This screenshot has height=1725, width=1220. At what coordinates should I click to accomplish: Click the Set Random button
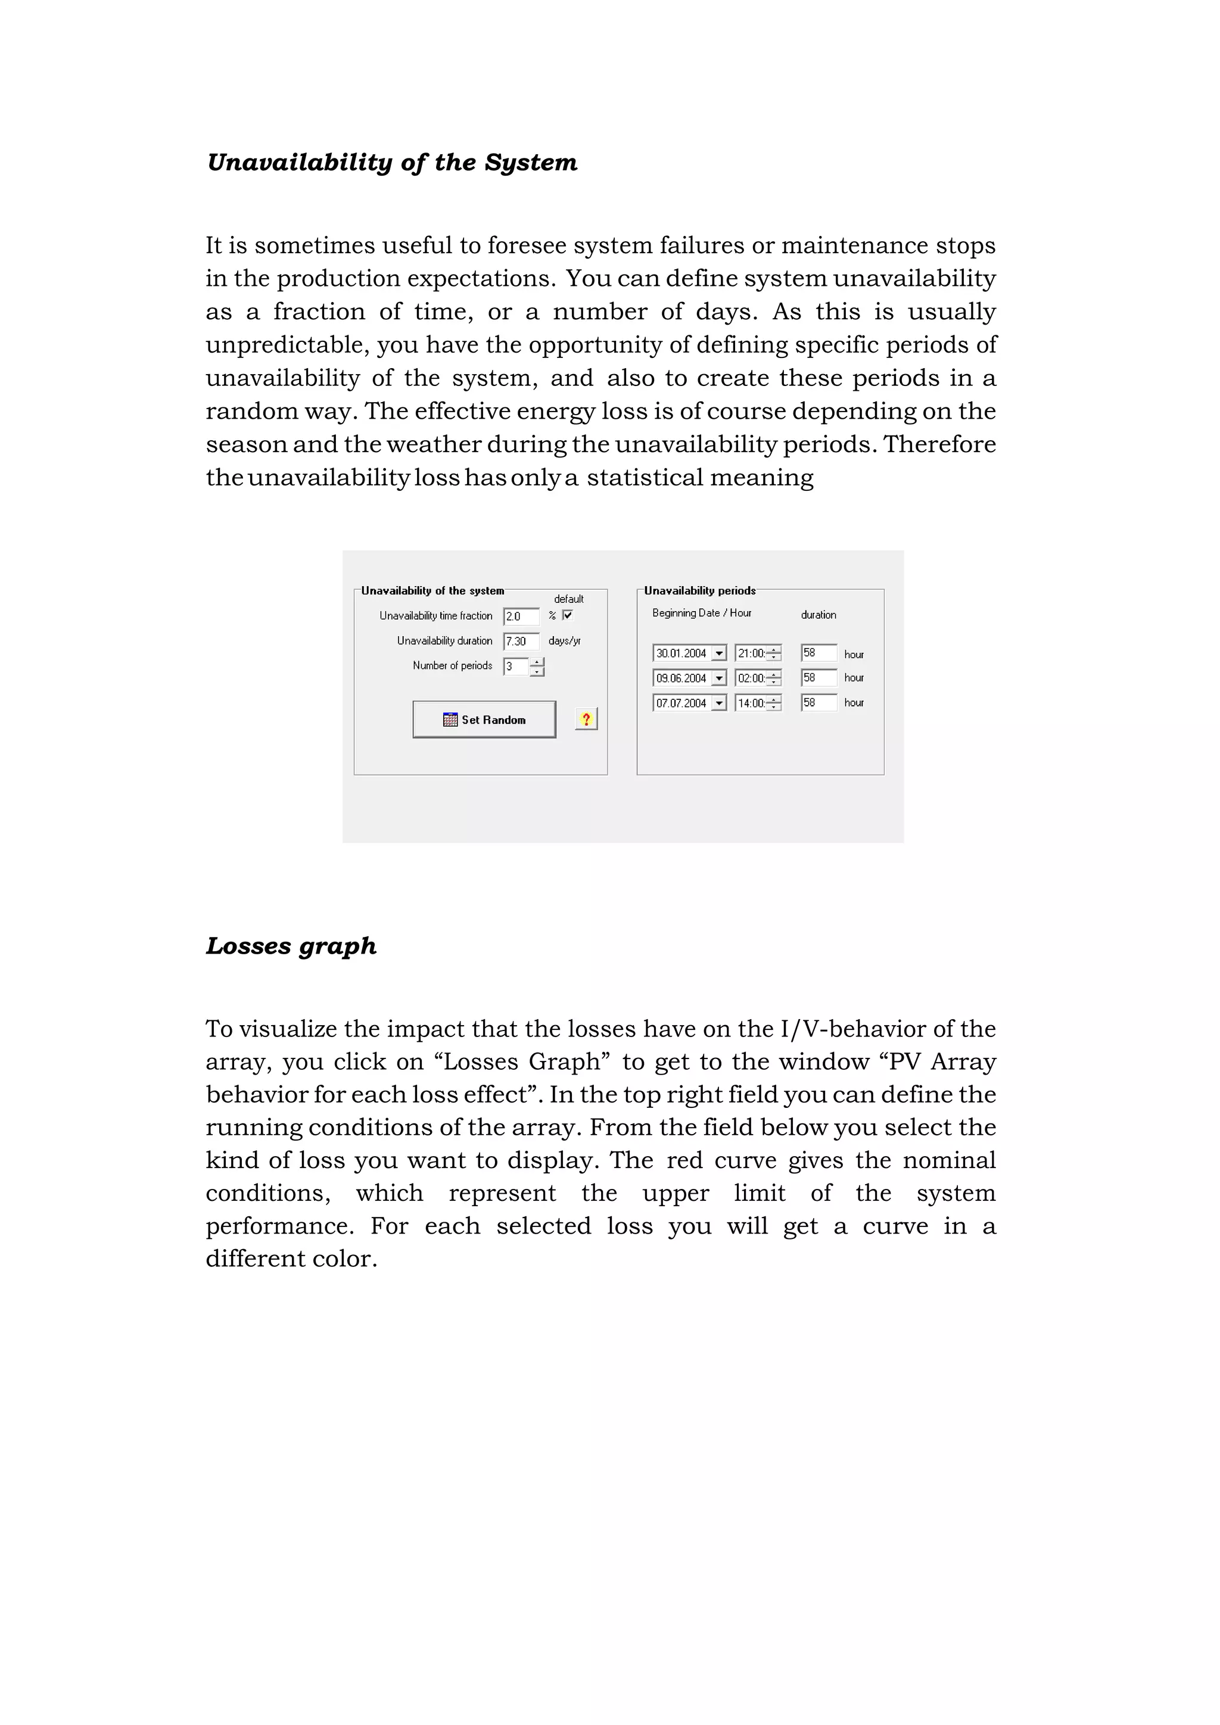484,719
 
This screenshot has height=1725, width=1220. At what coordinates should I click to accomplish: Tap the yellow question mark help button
586,719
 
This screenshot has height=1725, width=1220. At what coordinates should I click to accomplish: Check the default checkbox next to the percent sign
568,615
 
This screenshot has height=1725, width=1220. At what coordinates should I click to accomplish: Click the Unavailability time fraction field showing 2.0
521,616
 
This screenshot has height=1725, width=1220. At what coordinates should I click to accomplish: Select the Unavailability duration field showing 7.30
521,641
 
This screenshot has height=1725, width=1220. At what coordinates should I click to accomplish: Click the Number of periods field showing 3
515,667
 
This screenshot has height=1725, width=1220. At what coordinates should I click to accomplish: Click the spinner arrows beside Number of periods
536,667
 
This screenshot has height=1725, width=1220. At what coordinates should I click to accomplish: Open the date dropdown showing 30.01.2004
719,653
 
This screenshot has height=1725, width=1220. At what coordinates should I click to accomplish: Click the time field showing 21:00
751,653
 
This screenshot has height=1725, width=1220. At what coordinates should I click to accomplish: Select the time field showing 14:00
751,703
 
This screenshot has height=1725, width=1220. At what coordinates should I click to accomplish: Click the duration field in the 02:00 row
818,678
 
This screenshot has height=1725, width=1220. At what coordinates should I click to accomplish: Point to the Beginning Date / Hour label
702,613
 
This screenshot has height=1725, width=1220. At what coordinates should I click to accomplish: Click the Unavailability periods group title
699,590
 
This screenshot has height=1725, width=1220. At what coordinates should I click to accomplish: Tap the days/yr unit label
564,641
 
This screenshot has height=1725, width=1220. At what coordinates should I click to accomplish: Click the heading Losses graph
291,946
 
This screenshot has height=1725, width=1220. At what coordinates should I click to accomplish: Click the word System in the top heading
530,162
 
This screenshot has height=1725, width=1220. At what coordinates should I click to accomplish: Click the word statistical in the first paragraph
645,477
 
